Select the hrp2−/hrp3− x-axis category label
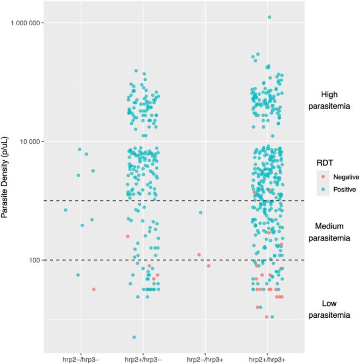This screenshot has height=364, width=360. (x=81, y=357)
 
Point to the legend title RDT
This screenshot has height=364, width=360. (x=324, y=161)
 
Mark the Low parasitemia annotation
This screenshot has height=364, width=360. (x=329, y=310)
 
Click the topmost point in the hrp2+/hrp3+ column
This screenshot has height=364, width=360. (x=270, y=17)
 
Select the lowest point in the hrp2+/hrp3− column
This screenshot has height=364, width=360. (x=134, y=337)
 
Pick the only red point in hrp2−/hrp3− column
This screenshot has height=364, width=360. (x=94, y=289)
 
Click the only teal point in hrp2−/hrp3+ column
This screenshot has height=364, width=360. (x=201, y=212)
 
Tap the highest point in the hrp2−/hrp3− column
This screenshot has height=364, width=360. (x=80, y=149)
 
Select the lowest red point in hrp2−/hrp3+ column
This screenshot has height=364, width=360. (x=209, y=266)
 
